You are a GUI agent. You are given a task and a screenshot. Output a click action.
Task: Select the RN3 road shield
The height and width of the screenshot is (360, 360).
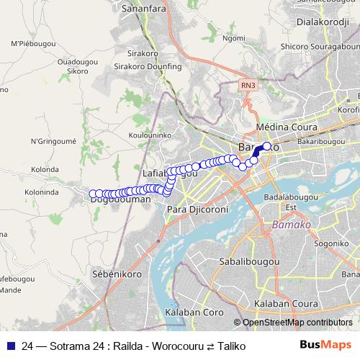pyautogui.click(x=247, y=85)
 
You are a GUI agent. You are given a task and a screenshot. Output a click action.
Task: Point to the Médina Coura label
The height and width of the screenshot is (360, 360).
pyautogui.click(x=287, y=127)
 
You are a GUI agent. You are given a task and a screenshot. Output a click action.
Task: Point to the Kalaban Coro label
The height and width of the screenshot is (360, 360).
pyautogui.click(x=194, y=314)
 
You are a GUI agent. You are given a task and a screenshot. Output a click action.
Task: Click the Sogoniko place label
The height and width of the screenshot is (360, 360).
pyautogui.click(x=330, y=244)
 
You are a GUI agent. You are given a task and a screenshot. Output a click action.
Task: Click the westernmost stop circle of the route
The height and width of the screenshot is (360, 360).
pyautogui.click(x=93, y=194)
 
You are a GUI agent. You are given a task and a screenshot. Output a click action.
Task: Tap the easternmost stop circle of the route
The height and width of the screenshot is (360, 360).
pyautogui.click(x=267, y=146)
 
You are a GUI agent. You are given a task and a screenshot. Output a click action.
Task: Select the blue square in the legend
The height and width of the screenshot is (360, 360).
pyautogui.click(x=11, y=346)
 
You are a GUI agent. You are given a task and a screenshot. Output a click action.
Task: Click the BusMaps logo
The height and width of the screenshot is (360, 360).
pyautogui.click(x=325, y=346)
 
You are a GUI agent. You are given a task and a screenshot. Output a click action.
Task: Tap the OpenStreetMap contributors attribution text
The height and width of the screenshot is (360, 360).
pyautogui.click(x=297, y=323)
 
